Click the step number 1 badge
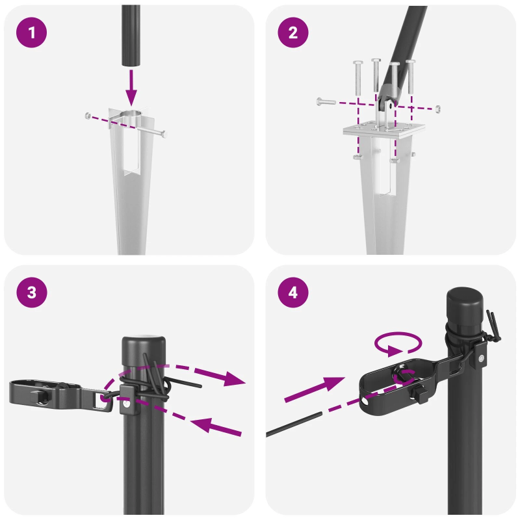coord(32,32)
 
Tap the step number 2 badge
coord(293,32)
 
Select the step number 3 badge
coord(32,293)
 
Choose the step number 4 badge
coord(293,293)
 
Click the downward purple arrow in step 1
coord(132,87)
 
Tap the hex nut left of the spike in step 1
coord(88,116)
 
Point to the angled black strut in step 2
coord(406,52)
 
